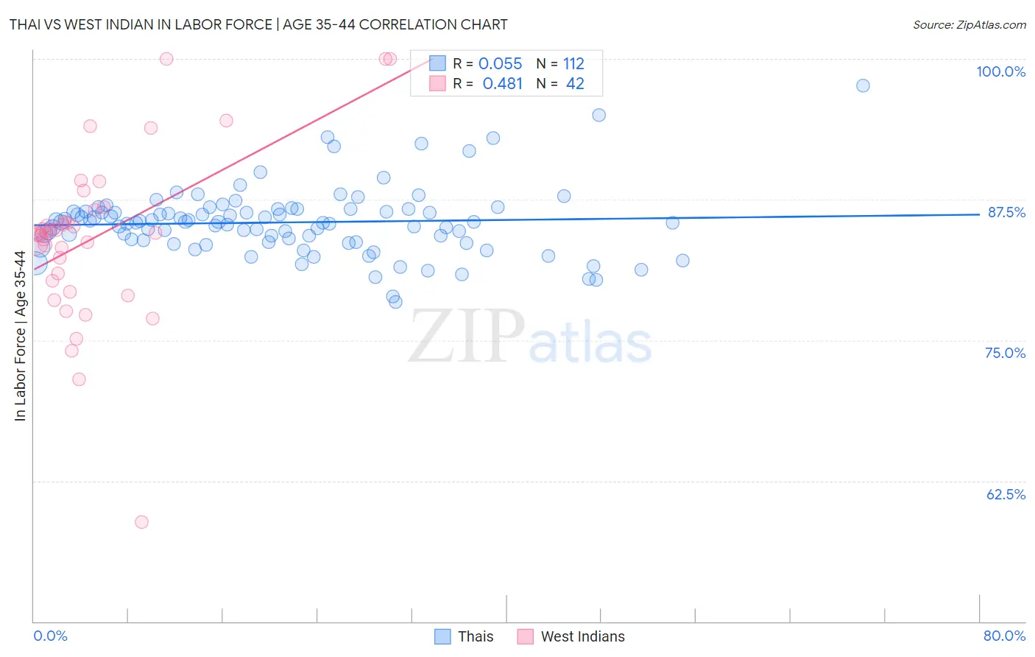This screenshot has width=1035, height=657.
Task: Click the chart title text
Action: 258,24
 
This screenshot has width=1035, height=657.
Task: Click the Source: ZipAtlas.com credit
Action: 969,24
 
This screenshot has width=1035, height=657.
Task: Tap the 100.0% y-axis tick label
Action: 1000,71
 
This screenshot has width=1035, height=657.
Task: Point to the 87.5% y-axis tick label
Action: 1006,212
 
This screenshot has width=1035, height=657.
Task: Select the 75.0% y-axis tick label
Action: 1005,353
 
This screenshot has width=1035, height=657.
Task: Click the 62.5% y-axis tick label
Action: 1006,494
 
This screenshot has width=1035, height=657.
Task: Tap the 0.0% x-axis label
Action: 50,636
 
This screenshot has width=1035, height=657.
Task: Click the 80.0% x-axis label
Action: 1004,636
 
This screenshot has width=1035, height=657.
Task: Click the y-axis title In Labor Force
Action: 20,336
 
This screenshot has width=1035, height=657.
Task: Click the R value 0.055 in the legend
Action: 500,64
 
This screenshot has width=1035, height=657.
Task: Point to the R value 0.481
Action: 502,84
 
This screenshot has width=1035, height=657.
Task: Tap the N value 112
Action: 573,64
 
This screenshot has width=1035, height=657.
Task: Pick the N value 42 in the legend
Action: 575,84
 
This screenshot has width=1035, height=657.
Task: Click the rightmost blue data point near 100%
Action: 863,85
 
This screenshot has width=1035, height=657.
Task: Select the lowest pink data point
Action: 141,522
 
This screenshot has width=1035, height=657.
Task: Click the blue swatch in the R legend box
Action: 438,63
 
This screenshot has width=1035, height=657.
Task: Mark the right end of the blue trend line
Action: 979,214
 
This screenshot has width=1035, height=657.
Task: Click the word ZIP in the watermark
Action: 467,336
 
